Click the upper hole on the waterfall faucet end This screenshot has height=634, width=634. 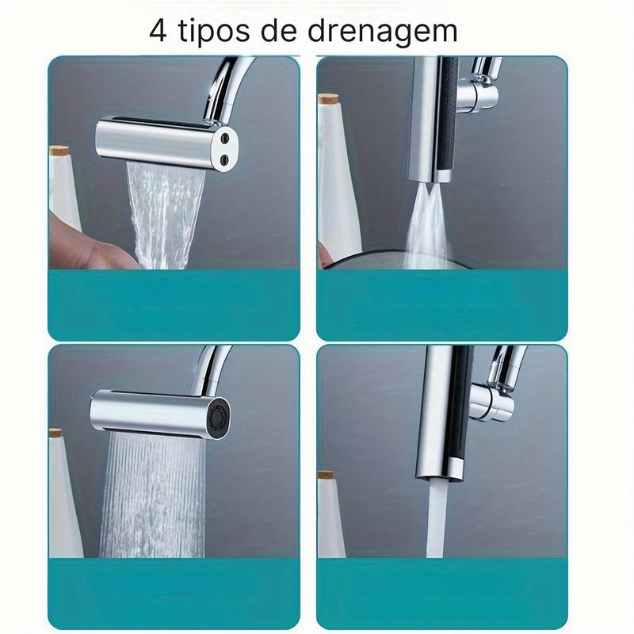pyautogui.click(x=227, y=138)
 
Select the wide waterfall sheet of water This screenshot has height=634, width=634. pyautogui.click(x=166, y=214)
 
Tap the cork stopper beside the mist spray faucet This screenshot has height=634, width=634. pyautogui.click(x=329, y=99)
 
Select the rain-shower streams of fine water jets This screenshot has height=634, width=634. pyautogui.click(x=151, y=491)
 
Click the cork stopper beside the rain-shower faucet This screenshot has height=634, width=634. pyautogui.click(x=55, y=433)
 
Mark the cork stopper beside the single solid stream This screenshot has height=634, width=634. pyautogui.click(x=326, y=475)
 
